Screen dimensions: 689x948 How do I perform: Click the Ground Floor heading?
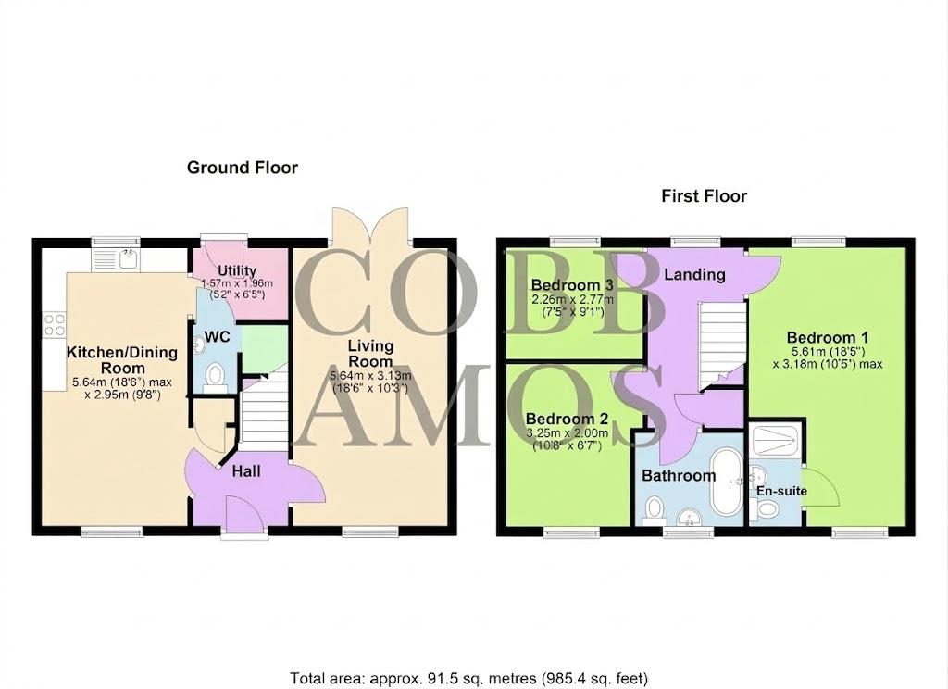pos(243,168)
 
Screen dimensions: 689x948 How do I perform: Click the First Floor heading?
pos(704,195)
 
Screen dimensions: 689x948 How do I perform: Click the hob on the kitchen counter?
pos(54,323)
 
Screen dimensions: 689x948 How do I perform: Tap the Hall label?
pos(246,471)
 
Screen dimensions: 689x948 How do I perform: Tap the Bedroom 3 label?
pos(565,284)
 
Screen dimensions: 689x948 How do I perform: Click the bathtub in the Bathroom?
pos(725,484)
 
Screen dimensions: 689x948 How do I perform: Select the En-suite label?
pos(781,490)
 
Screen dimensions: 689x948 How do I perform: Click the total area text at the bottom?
pos(469,677)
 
